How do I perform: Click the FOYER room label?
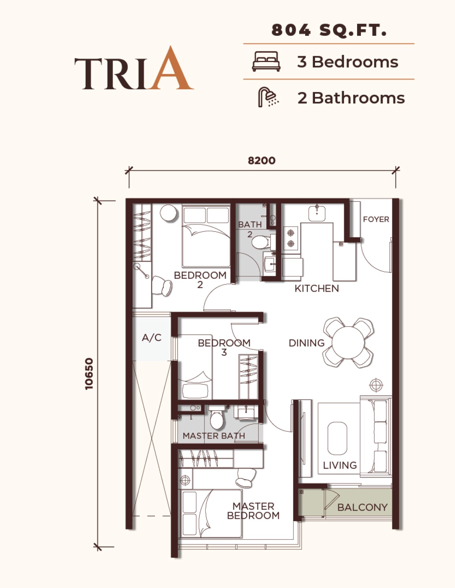(376, 219)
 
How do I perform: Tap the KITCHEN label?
(317, 288)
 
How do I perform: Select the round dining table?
(348, 343)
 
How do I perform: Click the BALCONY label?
(363, 507)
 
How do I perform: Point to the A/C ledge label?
(151, 337)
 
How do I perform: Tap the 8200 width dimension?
(262, 161)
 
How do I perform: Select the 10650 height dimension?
(89, 374)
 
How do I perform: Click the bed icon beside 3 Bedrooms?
(266, 61)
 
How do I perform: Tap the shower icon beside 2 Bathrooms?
(268, 97)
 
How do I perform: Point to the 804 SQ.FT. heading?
(329, 30)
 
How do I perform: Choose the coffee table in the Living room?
(337, 438)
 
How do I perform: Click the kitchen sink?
(317, 213)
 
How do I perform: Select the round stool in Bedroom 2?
(169, 213)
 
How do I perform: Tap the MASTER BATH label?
(214, 435)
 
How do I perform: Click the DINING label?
(307, 343)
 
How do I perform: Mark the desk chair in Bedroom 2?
(162, 286)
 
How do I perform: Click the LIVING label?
(340, 465)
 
